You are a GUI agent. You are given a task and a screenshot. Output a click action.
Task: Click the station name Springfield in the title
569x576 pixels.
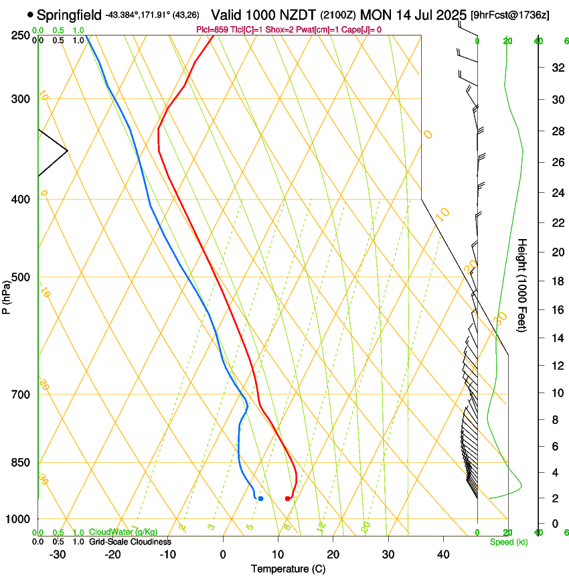tap(70, 14)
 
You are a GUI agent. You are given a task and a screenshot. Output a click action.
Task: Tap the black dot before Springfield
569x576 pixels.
tap(30, 14)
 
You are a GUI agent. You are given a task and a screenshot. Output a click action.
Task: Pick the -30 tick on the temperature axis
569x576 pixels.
tap(57, 555)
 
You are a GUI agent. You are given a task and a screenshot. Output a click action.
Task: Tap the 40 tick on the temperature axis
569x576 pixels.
tap(443, 555)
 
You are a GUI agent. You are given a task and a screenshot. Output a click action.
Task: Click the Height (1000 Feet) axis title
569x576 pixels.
tap(523, 285)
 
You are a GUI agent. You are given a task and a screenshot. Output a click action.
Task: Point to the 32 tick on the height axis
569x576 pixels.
tap(556, 68)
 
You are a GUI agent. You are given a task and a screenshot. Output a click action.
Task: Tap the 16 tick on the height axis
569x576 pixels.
tap(556, 310)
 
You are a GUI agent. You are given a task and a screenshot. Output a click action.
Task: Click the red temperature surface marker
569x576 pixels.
tap(287, 498)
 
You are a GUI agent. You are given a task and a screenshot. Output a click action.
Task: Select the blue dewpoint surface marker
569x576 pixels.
tap(260, 498)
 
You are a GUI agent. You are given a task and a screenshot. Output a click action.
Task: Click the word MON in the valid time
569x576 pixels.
tap(374, 14)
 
